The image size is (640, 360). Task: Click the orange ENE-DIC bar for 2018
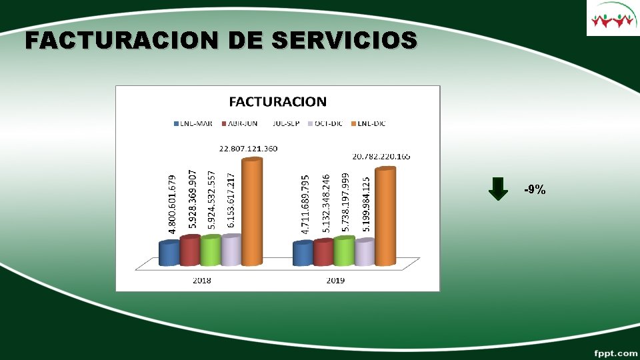[251, 212]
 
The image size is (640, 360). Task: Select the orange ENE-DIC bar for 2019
[385, 217]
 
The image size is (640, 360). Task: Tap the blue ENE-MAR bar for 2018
[169, 253]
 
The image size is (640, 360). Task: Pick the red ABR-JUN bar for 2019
[323, 252]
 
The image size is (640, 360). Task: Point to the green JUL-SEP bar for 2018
[210, 250]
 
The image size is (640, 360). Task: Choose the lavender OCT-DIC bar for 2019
[364, 252]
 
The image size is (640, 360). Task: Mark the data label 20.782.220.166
[381, 157]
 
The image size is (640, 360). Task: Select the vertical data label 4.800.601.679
[172, 204]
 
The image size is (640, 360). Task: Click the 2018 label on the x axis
[202, 281]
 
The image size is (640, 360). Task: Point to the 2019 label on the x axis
[335, 281]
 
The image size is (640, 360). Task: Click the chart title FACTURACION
[278, 102]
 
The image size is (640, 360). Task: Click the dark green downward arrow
[498, 189]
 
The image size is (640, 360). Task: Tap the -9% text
[535, 190]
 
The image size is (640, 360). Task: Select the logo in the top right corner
[613, 19]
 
